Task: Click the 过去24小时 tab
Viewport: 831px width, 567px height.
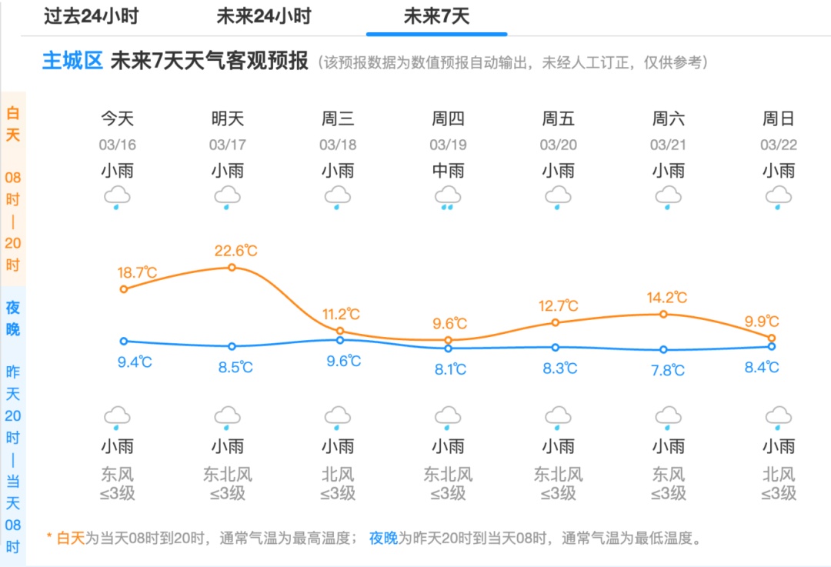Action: [91, 16]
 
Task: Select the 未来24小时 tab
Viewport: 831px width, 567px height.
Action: [263, 16]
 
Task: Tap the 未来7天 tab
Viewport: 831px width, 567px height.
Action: [436, 16]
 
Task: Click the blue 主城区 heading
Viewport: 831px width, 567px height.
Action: [72, 61]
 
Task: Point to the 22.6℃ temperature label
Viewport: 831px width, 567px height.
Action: [235, 251]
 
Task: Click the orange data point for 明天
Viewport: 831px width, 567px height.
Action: [232, 268]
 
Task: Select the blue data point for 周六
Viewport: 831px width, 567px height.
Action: [663, 349]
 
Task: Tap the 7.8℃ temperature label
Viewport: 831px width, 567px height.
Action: [667, 370]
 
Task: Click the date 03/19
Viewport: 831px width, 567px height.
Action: [448, 145]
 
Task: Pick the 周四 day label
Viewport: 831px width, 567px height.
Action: [448, 118]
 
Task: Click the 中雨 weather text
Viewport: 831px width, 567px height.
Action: [448, 170]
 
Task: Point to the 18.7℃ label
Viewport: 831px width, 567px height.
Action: [137, 272]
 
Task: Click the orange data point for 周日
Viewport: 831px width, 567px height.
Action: [772, 338]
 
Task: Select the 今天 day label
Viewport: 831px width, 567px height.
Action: [117, 118]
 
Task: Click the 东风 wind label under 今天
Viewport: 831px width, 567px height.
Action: [117, 474]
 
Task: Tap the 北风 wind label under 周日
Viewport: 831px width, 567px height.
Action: [779, 474]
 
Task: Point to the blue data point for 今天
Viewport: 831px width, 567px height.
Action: [124, 341]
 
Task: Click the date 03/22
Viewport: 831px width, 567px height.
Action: [779, 145]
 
